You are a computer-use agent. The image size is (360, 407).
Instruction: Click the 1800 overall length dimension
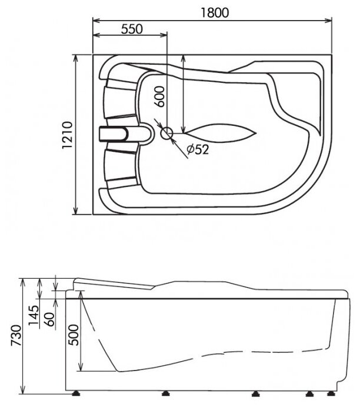tap(211, 12)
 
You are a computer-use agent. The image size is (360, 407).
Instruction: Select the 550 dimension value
tap(132, 29)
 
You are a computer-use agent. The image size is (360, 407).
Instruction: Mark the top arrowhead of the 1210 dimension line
tap(76, 58)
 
